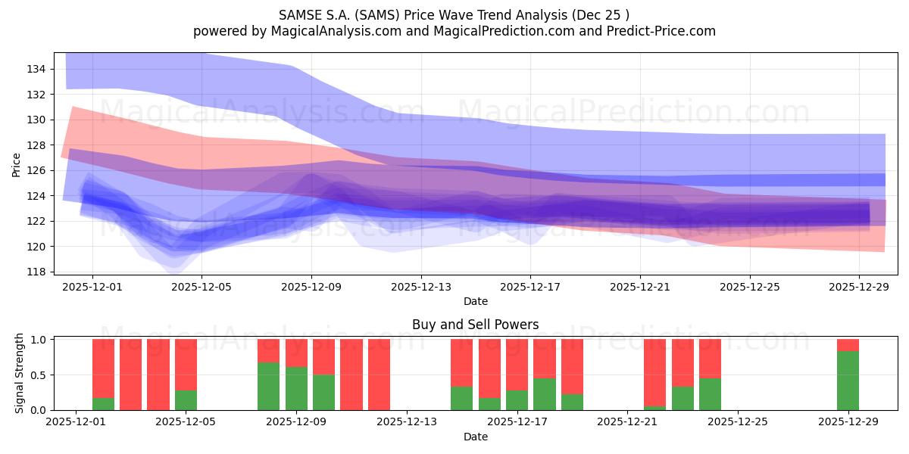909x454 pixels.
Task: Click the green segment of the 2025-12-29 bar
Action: [848, 381]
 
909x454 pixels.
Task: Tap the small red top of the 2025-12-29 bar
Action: [848, 345]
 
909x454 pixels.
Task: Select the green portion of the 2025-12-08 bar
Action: [268, 386]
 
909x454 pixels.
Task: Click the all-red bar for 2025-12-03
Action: [130, 375]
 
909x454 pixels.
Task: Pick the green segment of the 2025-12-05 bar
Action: [186, 400]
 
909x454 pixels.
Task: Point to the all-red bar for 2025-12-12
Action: [379, 375]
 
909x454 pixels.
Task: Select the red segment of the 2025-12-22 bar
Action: [654, 372]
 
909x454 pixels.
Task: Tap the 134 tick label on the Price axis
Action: [36, 69]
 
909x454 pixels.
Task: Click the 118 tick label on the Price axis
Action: [36, 272]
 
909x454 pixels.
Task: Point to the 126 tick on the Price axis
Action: [36, 170]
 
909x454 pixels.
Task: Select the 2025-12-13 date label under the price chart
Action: [420, 287]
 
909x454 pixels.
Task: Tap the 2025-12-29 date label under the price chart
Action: [859, 287]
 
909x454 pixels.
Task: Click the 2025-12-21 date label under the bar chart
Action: [627, 422]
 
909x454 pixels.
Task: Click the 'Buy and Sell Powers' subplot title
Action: [475, 325]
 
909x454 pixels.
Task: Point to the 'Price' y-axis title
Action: [17, 163]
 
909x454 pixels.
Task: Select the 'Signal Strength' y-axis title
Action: [20, 374]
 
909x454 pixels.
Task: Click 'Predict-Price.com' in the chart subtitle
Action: [662, 31]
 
